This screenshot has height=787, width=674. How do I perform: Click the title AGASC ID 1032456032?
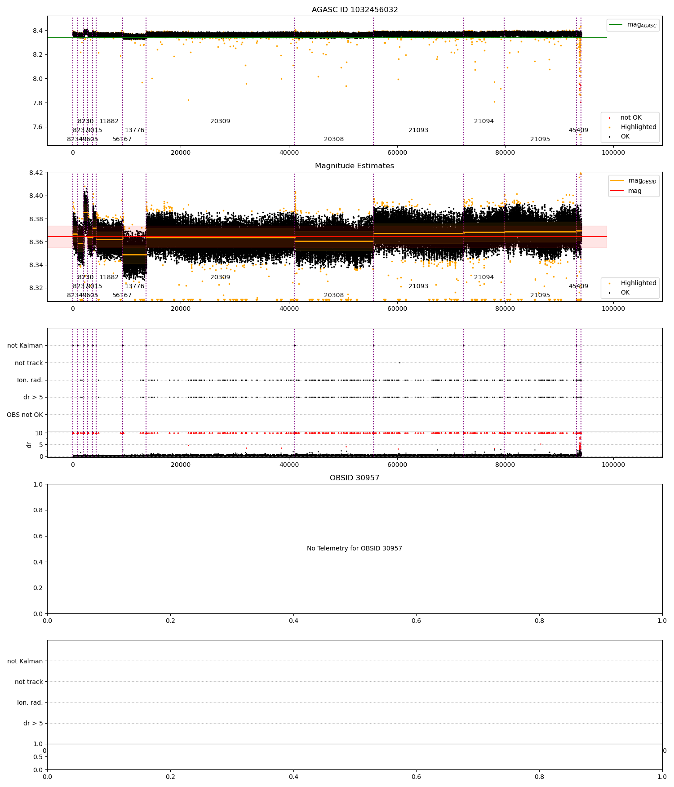pyautogui.click(x=355, y=10)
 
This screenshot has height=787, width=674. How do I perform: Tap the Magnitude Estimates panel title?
pyautogui.click(x=355, y=166)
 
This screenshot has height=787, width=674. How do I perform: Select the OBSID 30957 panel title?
pyautogui.click(x=355, y=478)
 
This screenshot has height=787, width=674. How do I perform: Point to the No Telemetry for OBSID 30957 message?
pyautogui.click(x=355, y=548)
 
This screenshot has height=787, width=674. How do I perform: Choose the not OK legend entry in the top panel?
pyautogui.click(x=631, y=118)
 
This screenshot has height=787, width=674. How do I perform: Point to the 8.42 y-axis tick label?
pyautogui.click(x=36, y=173)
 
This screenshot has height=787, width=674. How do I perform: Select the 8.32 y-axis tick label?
pyautogui.click(x=36, y=288)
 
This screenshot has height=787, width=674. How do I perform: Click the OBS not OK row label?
pyautogui.click(x=25, y=415)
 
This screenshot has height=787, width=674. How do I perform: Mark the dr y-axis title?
pyautogui.click(x=29, y=445)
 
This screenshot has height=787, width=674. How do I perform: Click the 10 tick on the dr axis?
pyautogui.click(x=39, y=433)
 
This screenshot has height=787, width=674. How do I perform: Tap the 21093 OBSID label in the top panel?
pyautogui.click(x=418, y=130)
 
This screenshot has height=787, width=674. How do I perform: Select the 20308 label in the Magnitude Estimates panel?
pyautogui.click(x=334, y=295)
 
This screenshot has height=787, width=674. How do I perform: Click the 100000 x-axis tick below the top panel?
pyautogui.click(x=613, y=152)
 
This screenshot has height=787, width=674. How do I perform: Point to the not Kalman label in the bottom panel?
pyautogui.click(x=25, y=661)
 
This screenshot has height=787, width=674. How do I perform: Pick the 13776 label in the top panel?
pyautogui.click(x=134, y=130)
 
